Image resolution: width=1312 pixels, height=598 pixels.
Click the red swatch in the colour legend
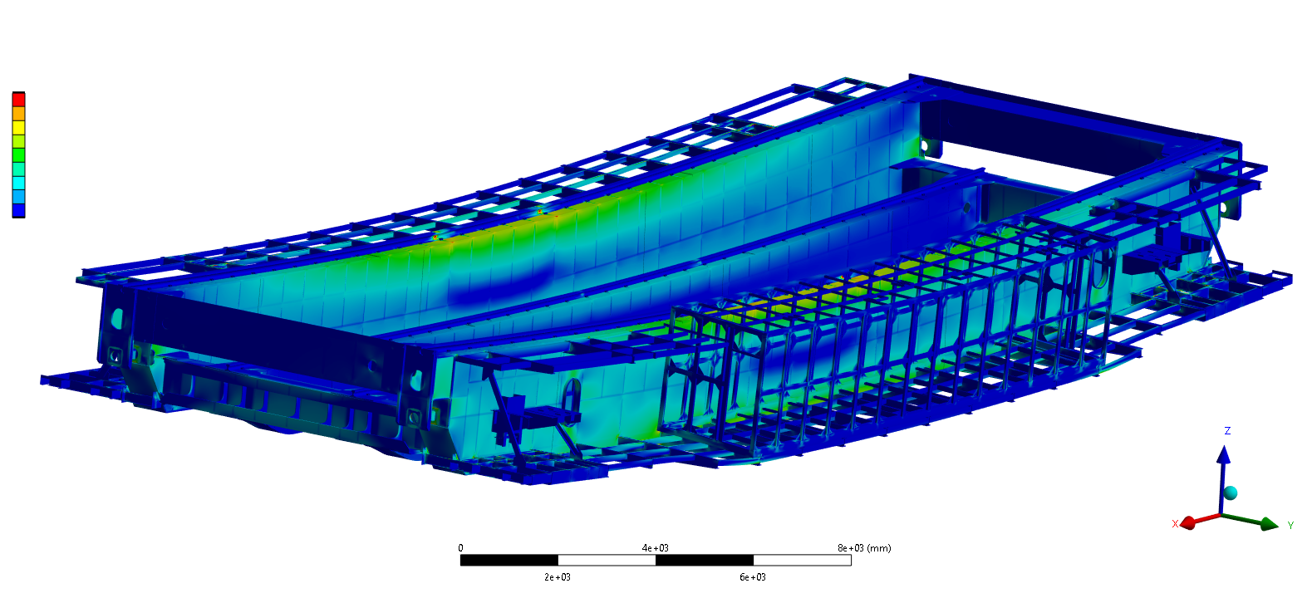coord(19,100)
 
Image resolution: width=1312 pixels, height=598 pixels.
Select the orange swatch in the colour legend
coord(19,114)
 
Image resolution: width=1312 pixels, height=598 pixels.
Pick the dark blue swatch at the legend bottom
coord(19,210)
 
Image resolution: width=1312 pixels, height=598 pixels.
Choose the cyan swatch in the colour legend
coord(19,183)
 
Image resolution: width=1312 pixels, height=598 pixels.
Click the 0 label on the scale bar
coord(460,548)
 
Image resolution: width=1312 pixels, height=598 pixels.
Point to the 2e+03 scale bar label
coord(557,577)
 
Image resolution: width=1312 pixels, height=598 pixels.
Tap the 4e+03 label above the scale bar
coord(655,548)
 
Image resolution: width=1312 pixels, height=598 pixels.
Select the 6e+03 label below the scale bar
coord(753,577)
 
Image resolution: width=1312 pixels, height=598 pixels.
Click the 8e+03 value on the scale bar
coord(851,548)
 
